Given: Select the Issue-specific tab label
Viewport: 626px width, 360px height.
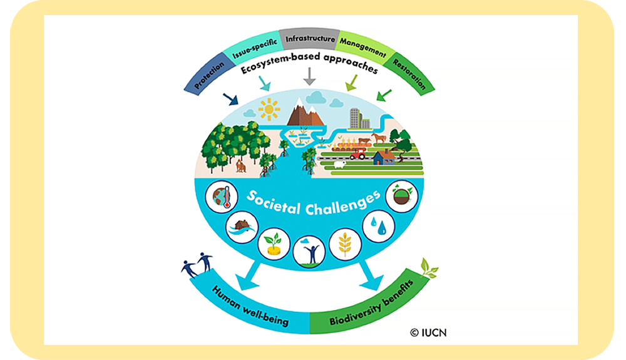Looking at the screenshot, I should pyautogui.click(x=253, y=49).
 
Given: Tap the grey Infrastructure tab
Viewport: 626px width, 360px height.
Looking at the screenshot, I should pyautogui.click(x=309, y=39).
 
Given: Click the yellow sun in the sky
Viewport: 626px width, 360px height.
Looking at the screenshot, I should pyautogui.click(x=270, y=110).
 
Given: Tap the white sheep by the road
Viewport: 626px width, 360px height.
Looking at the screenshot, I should pyautogui.click(x=339, y=165).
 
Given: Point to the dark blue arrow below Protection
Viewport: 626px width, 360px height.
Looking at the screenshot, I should pyautogui.click(x=230, y=100).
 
